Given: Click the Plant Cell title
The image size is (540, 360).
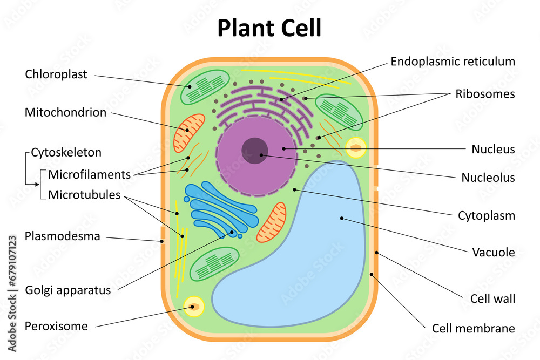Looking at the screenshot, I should point(269,28).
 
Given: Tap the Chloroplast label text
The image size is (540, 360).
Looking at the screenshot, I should point(56,74).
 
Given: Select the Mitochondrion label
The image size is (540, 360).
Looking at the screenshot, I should point(65,112).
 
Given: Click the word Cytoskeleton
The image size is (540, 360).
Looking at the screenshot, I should point(66,152).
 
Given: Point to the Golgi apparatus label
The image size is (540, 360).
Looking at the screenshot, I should point(68,290).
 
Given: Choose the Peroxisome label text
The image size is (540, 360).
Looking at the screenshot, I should point(56,326).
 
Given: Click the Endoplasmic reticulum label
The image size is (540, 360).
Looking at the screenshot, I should point(453,61).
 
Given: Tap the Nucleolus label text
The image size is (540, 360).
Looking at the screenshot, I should point(488,177).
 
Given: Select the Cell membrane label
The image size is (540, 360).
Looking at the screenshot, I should point(473,328).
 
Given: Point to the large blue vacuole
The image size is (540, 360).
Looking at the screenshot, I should point(302,254).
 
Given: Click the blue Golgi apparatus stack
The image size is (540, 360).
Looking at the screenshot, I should point(221,208).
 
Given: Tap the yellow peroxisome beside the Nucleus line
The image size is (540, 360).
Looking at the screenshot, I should point(356,147).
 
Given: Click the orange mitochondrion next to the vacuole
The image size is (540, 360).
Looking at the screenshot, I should point(271,222).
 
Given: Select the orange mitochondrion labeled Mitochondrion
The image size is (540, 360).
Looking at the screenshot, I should point(189,132).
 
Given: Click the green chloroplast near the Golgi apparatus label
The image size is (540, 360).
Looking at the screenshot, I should point(213,264).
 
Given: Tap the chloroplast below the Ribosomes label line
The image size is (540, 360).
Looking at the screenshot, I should point(339,111).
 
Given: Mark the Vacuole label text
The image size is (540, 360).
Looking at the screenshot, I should point(493,252).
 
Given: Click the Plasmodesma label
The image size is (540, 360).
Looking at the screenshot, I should point(63,236).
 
